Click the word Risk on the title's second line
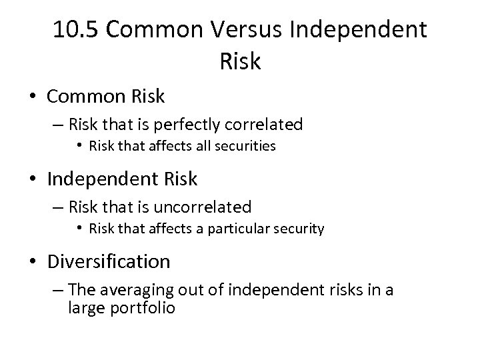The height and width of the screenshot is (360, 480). (x=239, y=61)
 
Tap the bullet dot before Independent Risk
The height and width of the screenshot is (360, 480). (x=33, y=180)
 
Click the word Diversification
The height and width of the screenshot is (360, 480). (x=109, y=262)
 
